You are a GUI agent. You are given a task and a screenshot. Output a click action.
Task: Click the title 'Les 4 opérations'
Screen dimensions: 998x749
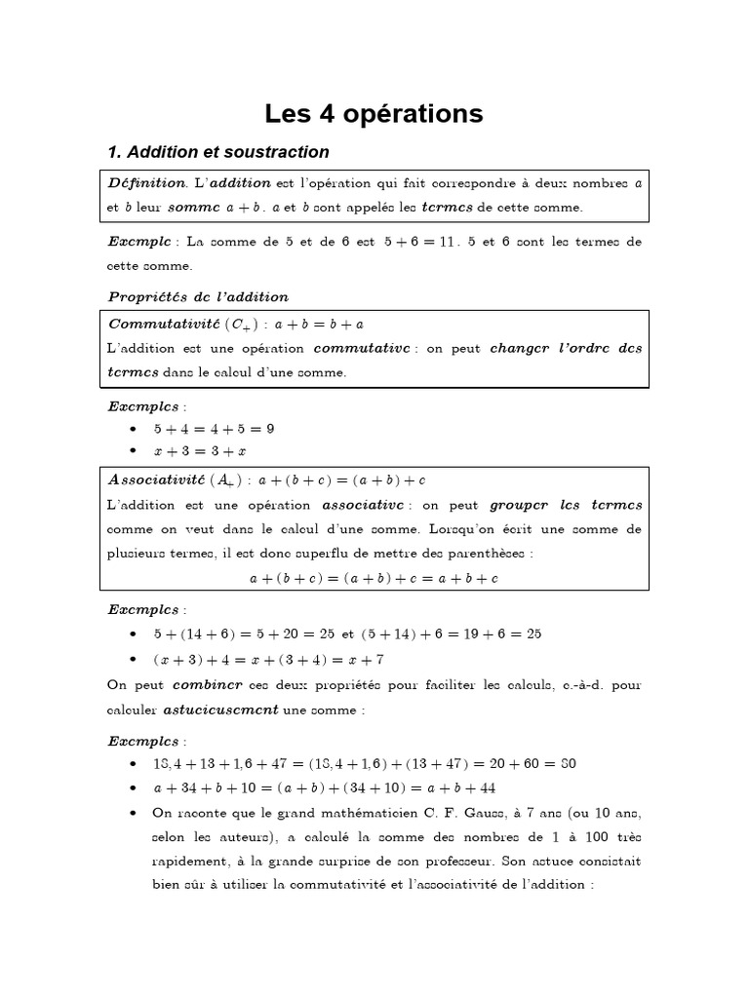[374, 114]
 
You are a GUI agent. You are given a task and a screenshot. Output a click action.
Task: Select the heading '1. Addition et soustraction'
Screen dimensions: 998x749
[217, 152]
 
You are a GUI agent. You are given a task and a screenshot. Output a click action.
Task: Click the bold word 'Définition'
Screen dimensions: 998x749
[145, 182]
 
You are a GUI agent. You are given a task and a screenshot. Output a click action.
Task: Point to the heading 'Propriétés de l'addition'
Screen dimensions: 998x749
[197, 296]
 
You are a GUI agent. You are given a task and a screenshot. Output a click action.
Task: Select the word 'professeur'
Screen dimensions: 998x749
[533, 862]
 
